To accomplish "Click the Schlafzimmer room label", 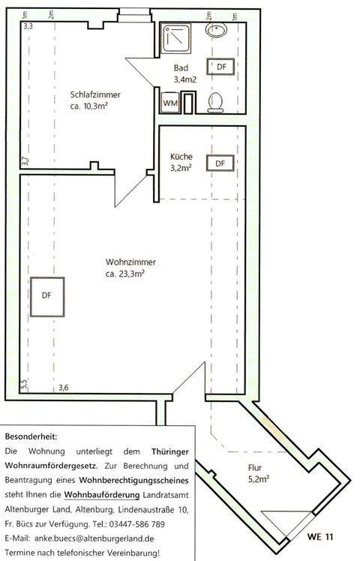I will [x=95, y=94].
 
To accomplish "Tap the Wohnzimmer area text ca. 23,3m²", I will [x=125, y=274].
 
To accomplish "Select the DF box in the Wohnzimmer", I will [x=46, y=295].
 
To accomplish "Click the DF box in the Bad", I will [x=221, y=67].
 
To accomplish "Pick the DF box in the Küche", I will [x=220, y=163].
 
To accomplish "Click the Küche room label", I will [x=181, y=157].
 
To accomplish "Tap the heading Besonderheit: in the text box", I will [x=31, y=436].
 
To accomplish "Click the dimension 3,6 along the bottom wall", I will [x=64, y=387].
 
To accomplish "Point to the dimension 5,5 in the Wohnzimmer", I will [x=24, y=383].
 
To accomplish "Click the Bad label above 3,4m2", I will [x=181, y=67].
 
